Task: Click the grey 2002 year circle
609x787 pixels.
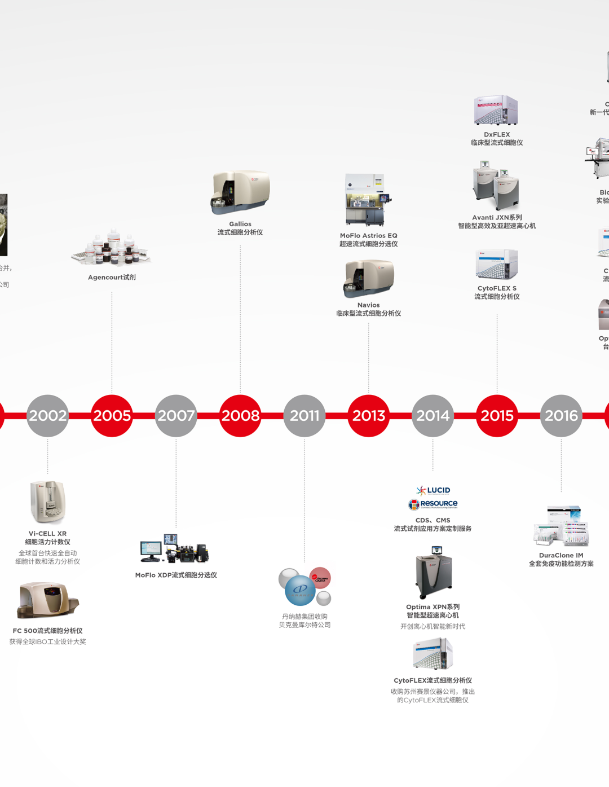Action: (48, 416)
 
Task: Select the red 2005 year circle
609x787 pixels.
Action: (112, 416)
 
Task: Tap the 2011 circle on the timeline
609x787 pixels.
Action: (304, 416)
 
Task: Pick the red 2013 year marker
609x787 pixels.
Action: (369, 416)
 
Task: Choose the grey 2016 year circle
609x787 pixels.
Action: (561, 416)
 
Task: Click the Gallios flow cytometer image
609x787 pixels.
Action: (241, 192)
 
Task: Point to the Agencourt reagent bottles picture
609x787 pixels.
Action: (112, 248)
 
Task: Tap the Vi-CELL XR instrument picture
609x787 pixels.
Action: (48, 502)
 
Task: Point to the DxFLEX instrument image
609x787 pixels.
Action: (496, 110)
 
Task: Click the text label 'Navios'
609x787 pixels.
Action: (369, 305)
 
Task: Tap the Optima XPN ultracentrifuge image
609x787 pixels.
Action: (433, 573)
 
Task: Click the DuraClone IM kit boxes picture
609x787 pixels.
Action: (561, 526)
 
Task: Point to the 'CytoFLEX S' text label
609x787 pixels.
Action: (497, 288)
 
